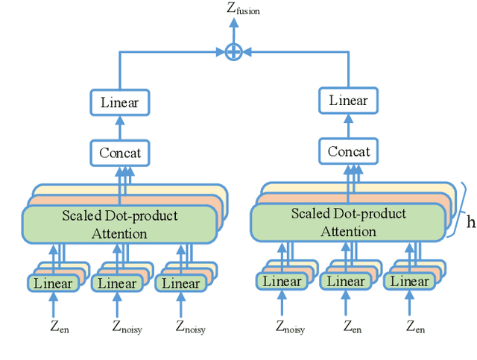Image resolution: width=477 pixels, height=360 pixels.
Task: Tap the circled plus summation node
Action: tap(234, 51)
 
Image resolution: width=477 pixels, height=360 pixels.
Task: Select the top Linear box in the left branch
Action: tap(119, 103)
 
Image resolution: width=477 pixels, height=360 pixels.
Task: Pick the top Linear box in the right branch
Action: tap(348, 101)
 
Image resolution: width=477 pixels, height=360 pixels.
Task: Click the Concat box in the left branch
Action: tap(119, 154)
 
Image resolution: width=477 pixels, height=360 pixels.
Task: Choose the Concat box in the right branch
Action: tap(348, 152)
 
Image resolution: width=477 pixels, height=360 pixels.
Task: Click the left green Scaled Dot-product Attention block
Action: tap(119, 224)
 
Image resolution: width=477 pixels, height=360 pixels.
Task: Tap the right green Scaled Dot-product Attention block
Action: tap(348, 222)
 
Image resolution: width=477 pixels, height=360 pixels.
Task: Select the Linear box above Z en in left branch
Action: tap(53, 283)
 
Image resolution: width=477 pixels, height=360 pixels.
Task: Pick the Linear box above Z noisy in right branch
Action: tap(282, 282)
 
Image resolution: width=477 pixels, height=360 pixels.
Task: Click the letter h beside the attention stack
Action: tap(470, 221)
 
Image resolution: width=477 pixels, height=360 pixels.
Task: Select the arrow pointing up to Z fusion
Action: tap(234, 30)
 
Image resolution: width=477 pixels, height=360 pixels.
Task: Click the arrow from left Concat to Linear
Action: tap(119, 128)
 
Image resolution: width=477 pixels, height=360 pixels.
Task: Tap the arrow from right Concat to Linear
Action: tap(348, 127)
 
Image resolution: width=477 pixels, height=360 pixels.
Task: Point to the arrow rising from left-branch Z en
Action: tap(53, 306)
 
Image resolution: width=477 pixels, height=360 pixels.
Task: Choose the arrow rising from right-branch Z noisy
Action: tap(282, 304)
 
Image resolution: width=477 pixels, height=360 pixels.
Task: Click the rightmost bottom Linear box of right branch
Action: tap(410, 282)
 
